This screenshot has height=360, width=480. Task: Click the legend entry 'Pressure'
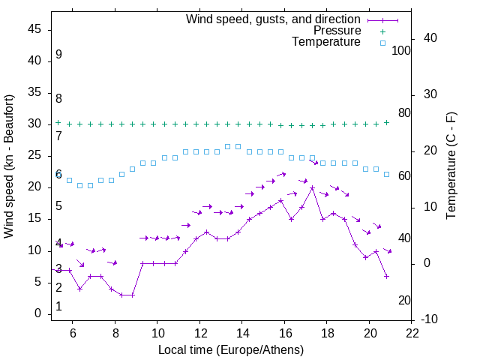click(x=337, y=31)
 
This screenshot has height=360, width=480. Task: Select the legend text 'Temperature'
click(x=326, y=42)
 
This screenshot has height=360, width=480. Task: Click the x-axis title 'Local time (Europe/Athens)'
click(x=231, y=350)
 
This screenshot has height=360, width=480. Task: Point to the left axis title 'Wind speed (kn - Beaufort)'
click(x=9, y=166)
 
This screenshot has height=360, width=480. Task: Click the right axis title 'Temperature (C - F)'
click(x=451, y=166)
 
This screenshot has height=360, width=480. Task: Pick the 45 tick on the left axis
click(x=34, y=29)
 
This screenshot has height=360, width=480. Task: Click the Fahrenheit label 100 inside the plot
click(x=401, y=51)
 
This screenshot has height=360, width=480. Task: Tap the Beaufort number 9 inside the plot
click(x=58, y=55)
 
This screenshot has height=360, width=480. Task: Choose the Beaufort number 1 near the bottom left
click(x=58, y=307)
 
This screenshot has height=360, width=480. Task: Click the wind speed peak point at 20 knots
click(x=312, y=187)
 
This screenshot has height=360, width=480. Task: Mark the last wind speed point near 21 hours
click(x=386, y=276)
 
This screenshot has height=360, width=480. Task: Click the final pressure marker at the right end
click(x=386, y=122)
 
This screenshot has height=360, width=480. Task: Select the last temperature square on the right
click(x=386, y=174)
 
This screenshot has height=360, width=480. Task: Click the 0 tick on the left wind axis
click(x=37, y=313)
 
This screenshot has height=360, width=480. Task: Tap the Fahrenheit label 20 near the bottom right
click(x=404, y=301)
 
